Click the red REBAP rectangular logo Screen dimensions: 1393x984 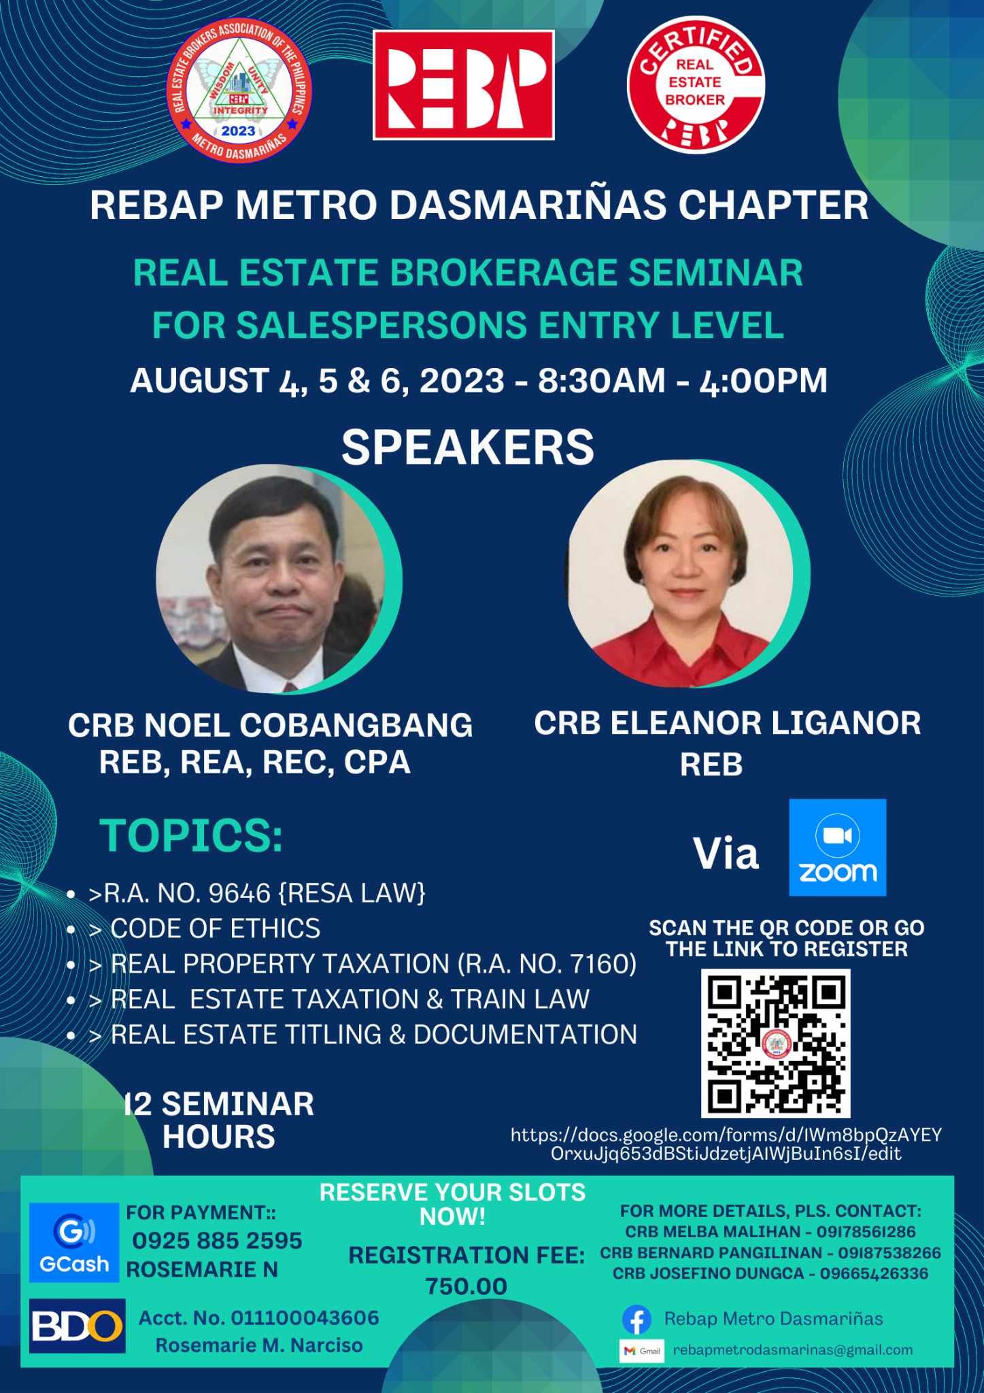(463, 85)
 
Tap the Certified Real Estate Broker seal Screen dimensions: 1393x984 (695, 84)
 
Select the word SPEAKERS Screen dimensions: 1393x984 (468, 448)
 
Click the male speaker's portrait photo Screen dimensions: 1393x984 (272, 579)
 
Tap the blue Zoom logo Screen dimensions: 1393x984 (837, 847)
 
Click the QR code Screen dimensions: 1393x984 (776, 1043)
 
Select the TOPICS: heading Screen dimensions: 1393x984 (191, 836)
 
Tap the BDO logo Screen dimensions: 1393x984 (77, 1326)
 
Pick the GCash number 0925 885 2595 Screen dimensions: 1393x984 (218, 1241)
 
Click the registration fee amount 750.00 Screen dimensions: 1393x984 (466, 1286)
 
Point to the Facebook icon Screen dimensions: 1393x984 (637, 1320)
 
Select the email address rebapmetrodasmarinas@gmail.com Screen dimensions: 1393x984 (793, 1350)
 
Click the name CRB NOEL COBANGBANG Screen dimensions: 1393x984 (270, 725)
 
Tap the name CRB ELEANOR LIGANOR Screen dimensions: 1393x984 (727, 723)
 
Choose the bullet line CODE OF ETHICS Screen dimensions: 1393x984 (215, 928)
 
